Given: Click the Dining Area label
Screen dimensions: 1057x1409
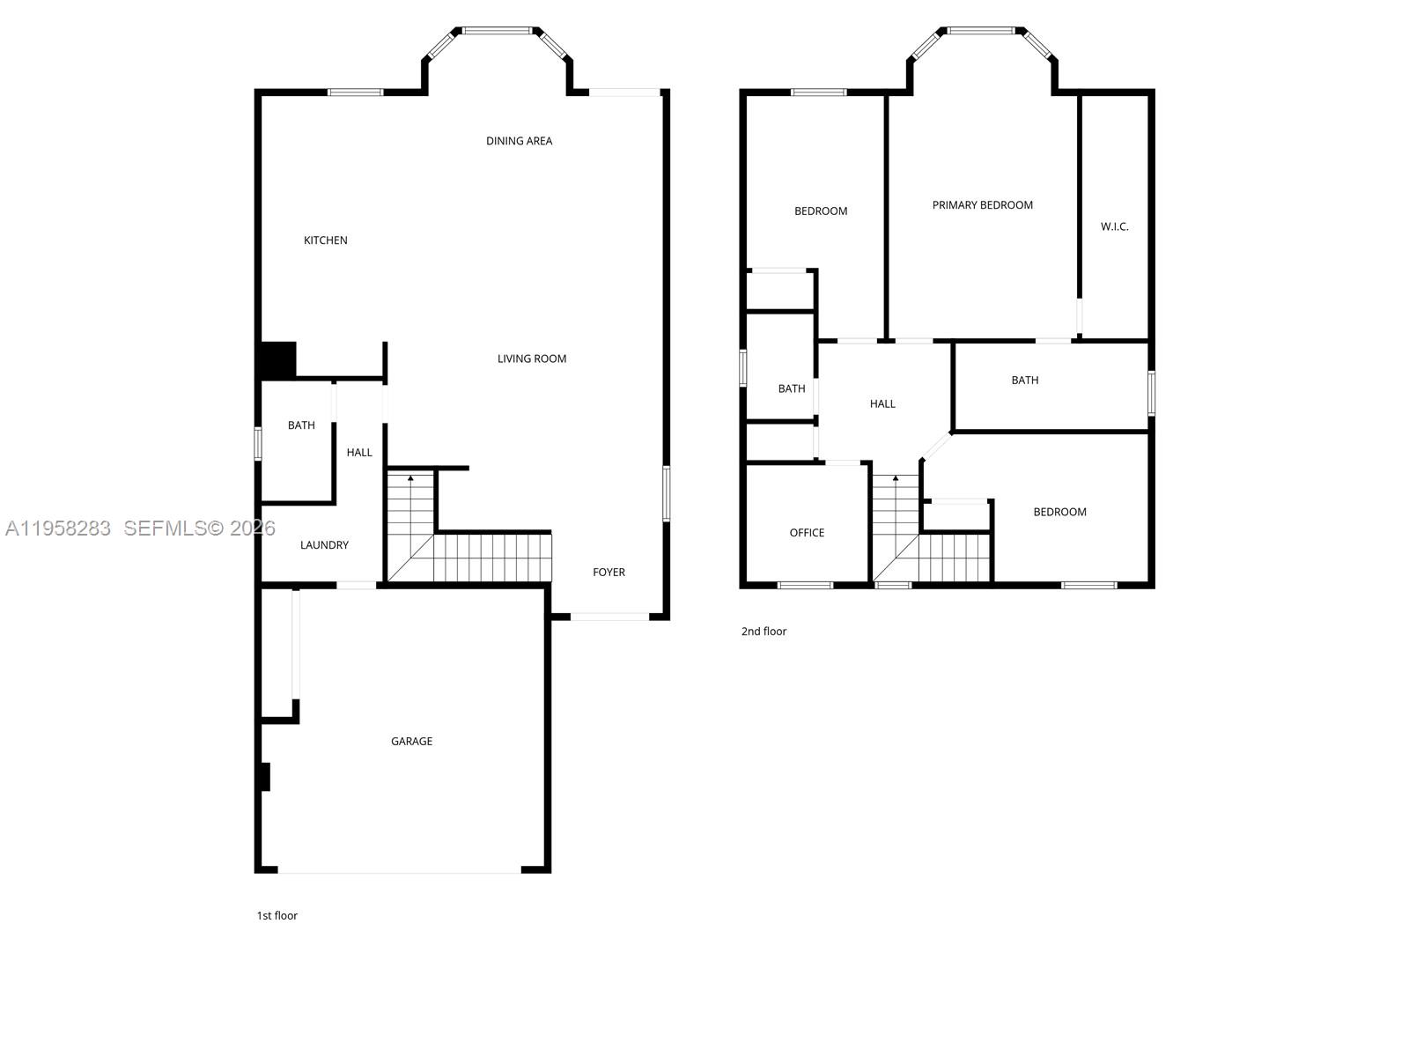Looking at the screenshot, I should [x=519, y=141].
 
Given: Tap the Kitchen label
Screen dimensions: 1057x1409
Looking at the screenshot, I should [x=326, y=240].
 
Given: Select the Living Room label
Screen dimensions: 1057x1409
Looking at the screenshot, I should [x=532, y=358].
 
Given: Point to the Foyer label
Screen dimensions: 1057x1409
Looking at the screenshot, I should [x=609, y=573].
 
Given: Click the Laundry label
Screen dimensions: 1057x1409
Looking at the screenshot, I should [x=324, y=545].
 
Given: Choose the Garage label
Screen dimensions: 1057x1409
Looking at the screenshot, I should [x=411, y=742].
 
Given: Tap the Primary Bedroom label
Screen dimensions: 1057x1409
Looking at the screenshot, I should [x=982, y=205].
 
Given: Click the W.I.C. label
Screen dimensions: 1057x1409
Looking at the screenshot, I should [x=1114, y=227].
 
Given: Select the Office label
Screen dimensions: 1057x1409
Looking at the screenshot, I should [x=807, y=533].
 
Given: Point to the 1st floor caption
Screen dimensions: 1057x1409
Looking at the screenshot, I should [x=277, y=916].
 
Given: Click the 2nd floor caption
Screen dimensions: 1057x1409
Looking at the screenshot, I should [x=764, y=632].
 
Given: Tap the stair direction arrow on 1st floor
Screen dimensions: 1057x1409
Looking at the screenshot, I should [x=410, y=478].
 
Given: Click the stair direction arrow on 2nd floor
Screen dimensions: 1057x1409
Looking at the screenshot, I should [x=896, y=479].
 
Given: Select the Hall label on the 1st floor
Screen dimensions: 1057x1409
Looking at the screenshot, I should [x=359, y=453].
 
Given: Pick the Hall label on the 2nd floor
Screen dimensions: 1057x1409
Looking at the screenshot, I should [x=882, y=404].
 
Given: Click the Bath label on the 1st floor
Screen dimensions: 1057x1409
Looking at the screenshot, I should [x=301, y=425].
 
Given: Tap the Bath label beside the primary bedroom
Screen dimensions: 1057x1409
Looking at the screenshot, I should [x=1024, y=381].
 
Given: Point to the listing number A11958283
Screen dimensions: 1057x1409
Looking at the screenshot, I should [x=58, y=528].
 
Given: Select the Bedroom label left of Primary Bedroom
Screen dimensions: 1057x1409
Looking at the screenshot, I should [x=821, y=211].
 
